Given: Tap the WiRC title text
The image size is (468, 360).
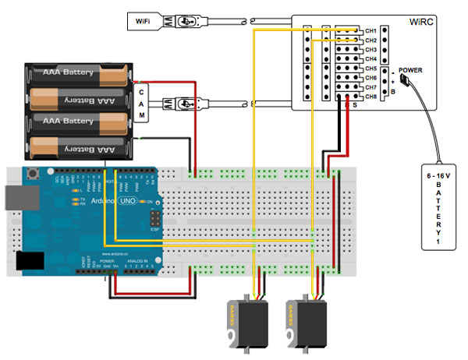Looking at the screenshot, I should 422,21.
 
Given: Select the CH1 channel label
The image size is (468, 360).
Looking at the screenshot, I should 370,30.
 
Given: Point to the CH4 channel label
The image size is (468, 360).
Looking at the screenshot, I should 370,59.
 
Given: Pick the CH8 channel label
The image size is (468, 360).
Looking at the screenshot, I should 370,97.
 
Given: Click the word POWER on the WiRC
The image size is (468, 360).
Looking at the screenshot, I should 411,70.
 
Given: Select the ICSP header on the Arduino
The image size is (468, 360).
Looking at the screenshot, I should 155,218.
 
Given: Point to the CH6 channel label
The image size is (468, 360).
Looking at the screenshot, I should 370,79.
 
